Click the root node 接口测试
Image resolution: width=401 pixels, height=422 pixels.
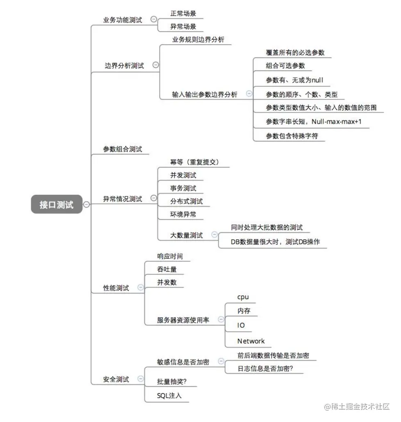[x=57, y=205]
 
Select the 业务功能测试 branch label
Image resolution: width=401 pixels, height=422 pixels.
[x=122, y=20]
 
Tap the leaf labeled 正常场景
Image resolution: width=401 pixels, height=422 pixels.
[x=183, y=14]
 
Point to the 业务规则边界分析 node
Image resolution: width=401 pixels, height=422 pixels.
[x=198, y=40]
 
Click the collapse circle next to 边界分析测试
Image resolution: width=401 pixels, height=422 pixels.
[x=156, y=65]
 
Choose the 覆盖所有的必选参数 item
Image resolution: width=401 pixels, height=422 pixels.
[x=295, y=52]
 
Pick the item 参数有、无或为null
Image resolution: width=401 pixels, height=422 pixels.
[x=295, y=80]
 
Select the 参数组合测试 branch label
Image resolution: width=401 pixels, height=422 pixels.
[x=122, y=149]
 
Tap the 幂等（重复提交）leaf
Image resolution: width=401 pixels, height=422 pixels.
[x=195, y=162]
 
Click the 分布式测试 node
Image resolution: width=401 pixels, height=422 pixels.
[x=186, y=201]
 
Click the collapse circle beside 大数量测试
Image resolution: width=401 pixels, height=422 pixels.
[x=214, y=235]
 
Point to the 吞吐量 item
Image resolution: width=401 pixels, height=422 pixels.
[x=167, y=269]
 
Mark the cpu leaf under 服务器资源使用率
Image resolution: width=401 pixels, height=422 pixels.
[x=243, y=297]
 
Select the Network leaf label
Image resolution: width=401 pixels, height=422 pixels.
[x=251, y=341]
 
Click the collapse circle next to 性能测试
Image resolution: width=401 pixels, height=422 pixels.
[x=140, y=287]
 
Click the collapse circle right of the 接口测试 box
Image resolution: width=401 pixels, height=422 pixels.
[x=86, y=204]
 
